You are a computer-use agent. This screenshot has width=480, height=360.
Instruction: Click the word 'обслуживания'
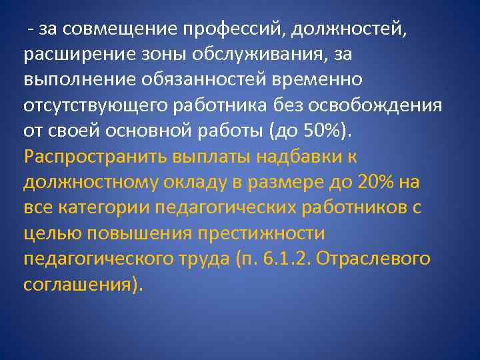coord(257,54)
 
